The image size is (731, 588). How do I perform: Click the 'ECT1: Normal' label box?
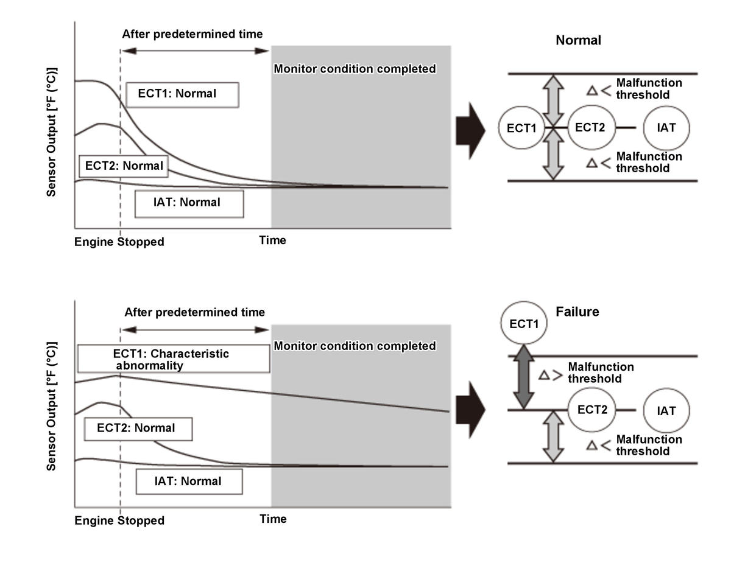click(x=182, y=94)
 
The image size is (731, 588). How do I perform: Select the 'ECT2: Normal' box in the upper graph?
click(x=124, y=166)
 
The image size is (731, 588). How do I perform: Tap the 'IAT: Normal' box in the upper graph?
click(x=189, y=204)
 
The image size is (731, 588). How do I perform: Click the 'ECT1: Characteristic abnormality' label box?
click(x=174, y=359)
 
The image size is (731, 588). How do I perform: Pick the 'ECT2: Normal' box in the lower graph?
click(x=138, y=429)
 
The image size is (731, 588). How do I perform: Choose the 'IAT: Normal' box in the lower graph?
click(x=189, y=481)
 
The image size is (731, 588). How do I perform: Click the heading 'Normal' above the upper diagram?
click(x=578, y=41)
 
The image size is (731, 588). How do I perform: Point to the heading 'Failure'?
click(x=577, y=312)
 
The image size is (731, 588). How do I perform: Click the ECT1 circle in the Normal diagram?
click(x=521, y=128)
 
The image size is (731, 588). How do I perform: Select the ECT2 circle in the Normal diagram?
click(x=590, y=128)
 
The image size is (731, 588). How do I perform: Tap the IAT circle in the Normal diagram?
click(x=666, y=128)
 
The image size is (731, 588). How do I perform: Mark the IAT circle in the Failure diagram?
click(x=666, y=411)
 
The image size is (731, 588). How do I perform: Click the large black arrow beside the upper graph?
click(x=470, y=130)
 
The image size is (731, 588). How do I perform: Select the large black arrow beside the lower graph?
click(x=470, y=410)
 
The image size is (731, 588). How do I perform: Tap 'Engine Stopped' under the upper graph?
click(x=119, y=242)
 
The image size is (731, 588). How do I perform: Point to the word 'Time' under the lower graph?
click(x=272, y=519)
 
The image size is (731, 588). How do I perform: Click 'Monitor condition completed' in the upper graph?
click(x=355, y=69)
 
